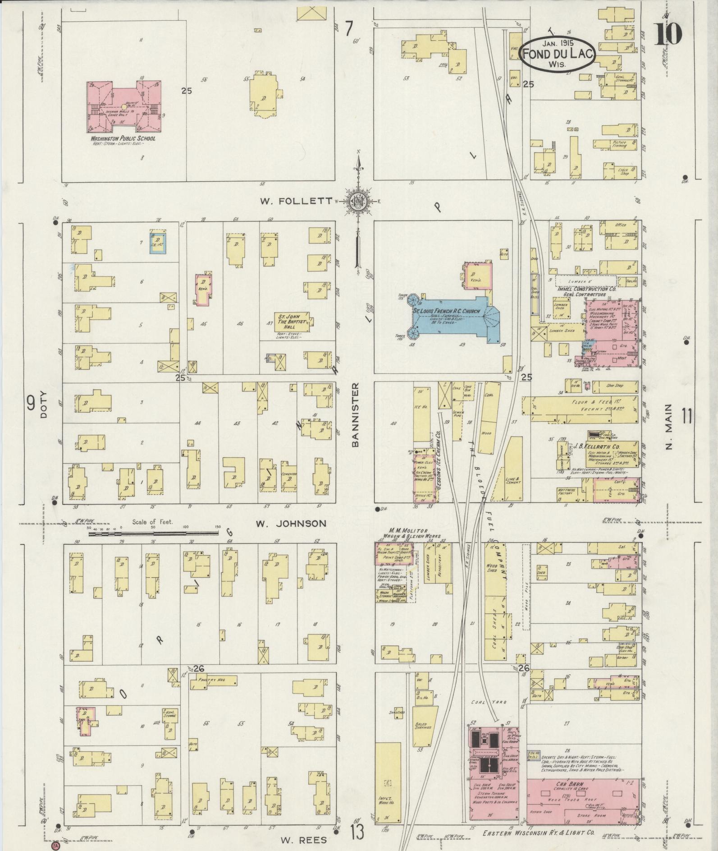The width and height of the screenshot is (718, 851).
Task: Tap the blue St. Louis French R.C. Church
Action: tap(451, 317)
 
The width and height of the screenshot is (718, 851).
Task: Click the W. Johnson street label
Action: tap(291, 524)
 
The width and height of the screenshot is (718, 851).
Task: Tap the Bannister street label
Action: tap(355, 415)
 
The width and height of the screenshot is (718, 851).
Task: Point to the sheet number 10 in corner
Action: tap(668, 33)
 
